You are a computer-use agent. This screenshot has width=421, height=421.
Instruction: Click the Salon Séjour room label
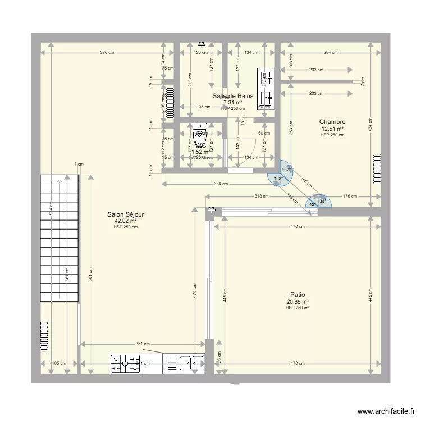(x=125, y=214)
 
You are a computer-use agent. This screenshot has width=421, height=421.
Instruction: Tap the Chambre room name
(x=332, y=122)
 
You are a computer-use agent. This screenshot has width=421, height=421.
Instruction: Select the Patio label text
(x=298, y=295)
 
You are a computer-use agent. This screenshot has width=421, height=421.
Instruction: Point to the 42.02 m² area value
(x=125, y=221)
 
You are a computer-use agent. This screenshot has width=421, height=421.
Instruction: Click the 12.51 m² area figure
(x=332, y=129)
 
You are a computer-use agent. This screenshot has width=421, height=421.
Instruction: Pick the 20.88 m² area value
(x=298, y=301)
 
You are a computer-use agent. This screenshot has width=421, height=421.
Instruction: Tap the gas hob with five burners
(x=125, y=363)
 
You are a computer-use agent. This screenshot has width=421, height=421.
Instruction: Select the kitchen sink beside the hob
(x=184, y=363)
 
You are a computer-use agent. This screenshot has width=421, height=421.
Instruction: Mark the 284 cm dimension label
(x=331, y=53)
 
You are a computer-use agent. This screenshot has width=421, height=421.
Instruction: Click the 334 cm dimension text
(x=221, y=184)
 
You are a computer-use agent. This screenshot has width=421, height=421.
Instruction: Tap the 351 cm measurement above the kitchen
(x=143, y=344)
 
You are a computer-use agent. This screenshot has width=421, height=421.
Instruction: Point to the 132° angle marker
(x=286, y=170)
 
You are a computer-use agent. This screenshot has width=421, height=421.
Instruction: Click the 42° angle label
(x=312, y=204)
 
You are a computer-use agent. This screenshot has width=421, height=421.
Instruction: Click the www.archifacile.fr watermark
(x=385, y=411)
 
